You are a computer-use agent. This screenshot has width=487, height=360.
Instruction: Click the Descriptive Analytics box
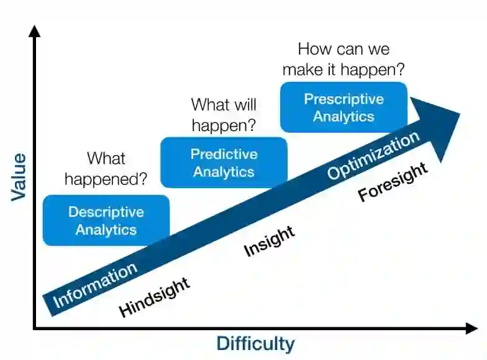tap(106, 220)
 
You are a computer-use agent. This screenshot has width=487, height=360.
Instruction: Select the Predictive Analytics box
tap(224, 163)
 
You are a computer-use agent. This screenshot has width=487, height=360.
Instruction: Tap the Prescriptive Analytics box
tap(344, 107)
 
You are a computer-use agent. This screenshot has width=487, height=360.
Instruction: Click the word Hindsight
tap(154, 297)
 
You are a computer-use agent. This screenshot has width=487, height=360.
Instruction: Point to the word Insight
tap(269, 241)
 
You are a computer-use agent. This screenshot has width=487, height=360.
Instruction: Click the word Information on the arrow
tap(95, 285)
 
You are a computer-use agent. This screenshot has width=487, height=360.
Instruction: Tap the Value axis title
tap(19, 176)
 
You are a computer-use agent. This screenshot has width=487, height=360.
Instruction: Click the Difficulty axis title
tap(255, 343)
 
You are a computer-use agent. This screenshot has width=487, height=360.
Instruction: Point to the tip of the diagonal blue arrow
tap(458, 114)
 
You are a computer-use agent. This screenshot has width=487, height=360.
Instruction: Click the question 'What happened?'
tap(106, 169)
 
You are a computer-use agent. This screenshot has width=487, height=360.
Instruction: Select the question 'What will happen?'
tap(224, 115)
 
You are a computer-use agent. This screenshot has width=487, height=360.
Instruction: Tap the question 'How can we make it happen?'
tap(344, 59)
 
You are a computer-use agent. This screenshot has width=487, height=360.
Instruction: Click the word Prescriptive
tap(344, 99)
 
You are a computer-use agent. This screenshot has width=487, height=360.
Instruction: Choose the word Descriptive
tap(106, 212)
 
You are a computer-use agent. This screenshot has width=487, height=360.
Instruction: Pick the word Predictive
tap(224, 154)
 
